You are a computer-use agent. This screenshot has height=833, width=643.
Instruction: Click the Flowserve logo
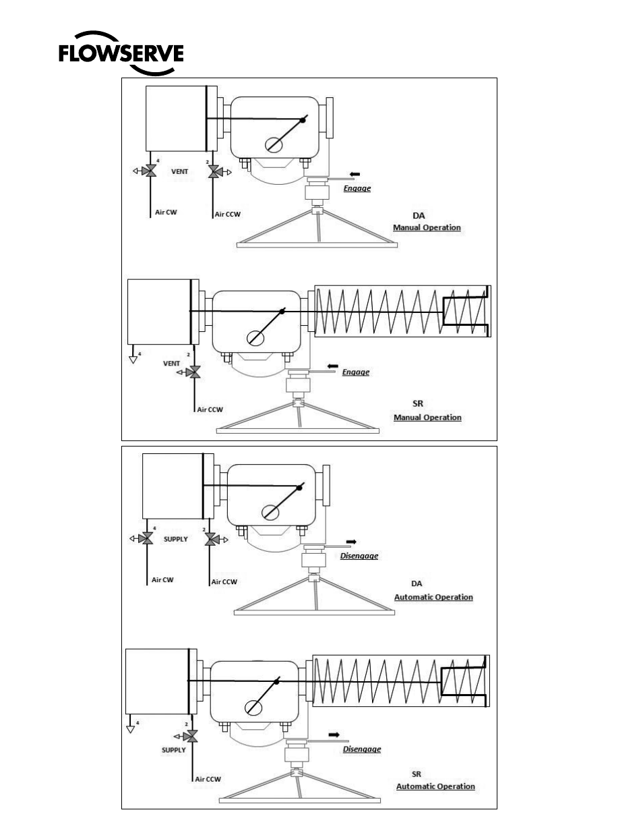121,53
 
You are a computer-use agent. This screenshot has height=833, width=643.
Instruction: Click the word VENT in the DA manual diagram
179,171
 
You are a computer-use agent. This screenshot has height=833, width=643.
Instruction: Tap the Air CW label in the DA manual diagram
166,212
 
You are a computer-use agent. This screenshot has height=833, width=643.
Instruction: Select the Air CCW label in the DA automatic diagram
224,581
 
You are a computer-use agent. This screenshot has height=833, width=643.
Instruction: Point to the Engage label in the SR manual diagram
356,372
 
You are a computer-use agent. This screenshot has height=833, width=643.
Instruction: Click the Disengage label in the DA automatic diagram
359,556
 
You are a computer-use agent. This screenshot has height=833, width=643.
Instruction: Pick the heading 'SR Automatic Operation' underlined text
435,786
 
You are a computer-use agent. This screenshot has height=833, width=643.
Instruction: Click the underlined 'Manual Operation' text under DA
427,227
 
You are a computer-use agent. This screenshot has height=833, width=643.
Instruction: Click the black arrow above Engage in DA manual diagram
355,174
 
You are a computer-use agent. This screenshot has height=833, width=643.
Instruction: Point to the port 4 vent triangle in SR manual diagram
133,360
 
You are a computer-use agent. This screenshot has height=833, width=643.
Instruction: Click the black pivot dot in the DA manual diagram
303,120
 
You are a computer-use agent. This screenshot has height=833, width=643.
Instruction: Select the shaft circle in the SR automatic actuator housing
253,708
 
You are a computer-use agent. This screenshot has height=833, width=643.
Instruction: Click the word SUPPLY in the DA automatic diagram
176,539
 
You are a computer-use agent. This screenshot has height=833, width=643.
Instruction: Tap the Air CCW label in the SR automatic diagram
208,779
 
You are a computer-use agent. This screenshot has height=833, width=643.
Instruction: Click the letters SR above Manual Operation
418,403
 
